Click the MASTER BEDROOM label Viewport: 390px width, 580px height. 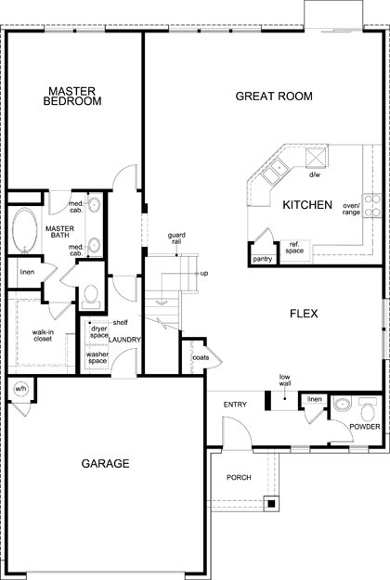click(x=72, y=97)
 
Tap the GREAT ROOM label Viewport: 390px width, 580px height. click(x=274, y=97)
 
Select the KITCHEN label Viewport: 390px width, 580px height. click(x=307, y=205)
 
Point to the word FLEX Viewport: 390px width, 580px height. click(x=304, y=314)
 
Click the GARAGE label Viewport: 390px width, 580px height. click(x=106, y=463)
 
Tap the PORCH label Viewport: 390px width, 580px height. click(x=239, y=478)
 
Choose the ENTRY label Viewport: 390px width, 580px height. click(x=235, y=405)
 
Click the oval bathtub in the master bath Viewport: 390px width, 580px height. click(x=25, y=230)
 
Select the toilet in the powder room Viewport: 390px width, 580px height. click(x=368, y=409)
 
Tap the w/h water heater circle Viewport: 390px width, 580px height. click(x=20, y=389)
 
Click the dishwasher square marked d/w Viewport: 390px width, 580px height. click(x=317, y=158)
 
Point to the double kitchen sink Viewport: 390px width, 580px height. click(x=275, y=172)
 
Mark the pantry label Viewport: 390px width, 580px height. click(x=263, y=259)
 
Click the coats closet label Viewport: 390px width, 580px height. click(x=201, y=357)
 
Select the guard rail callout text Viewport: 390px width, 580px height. click(x=176, y=238)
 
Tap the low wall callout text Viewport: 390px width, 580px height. click(x=284, y=380)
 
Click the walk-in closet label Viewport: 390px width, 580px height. click(x=43, y=336)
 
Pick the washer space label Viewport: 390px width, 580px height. click(x=97, y=357)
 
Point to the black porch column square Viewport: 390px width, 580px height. click(x=271, y=503)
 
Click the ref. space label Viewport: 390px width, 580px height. click(x=294, y=248)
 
